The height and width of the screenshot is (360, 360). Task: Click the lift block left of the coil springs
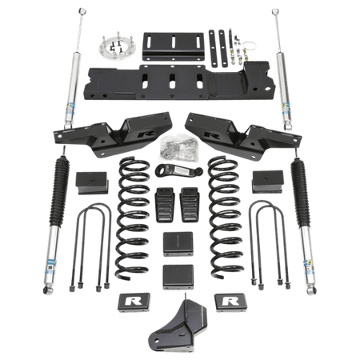[x=90, y=183]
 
